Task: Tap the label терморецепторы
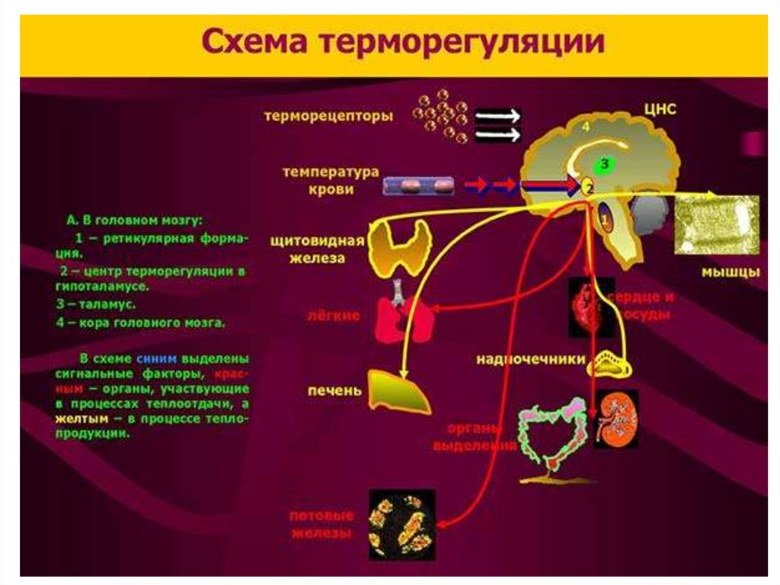pos(329,117)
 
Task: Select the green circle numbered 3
pos(604,163)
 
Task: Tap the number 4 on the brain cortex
pos(586,127)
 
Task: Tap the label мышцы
pos(730,272)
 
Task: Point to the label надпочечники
pos(531,358)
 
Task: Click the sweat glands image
pos(402,523)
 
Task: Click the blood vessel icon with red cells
pos(420,185)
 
